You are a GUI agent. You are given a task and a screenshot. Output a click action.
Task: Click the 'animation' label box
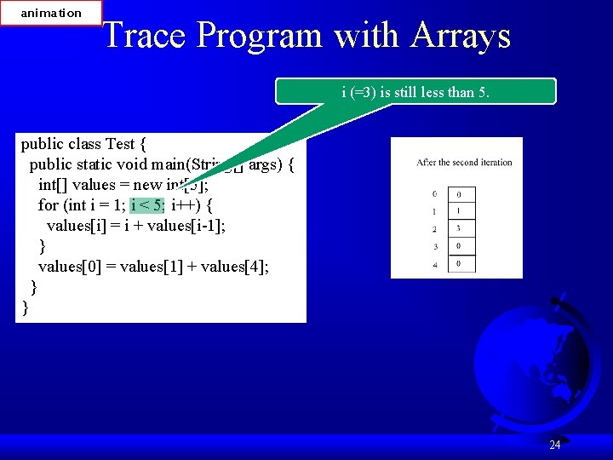(51, 13)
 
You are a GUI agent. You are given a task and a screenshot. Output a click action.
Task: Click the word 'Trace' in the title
(145, 36)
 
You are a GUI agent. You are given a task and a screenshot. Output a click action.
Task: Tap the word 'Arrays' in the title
(461, 36)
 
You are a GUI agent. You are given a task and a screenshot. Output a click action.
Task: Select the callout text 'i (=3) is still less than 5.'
(415, 92)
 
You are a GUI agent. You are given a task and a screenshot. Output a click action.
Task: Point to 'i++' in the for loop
(185, 205)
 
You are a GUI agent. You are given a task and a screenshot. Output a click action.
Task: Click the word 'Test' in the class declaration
(125, 144)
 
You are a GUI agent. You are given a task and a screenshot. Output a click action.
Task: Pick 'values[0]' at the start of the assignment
(69, 267)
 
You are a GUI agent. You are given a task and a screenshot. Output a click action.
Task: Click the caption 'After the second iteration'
(464, 162)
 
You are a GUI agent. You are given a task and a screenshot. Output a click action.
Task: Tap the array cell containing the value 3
(460, 228)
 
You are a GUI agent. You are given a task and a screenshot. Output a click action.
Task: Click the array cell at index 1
(460, 211)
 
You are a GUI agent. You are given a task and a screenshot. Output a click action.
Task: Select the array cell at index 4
(460, 264)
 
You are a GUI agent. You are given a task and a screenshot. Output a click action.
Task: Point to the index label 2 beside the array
(434, 229)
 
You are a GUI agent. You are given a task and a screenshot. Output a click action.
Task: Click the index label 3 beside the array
(434, 247)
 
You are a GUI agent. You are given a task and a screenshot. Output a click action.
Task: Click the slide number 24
(554, 445)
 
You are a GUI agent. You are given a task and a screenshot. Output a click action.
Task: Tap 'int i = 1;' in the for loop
(95, 205)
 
